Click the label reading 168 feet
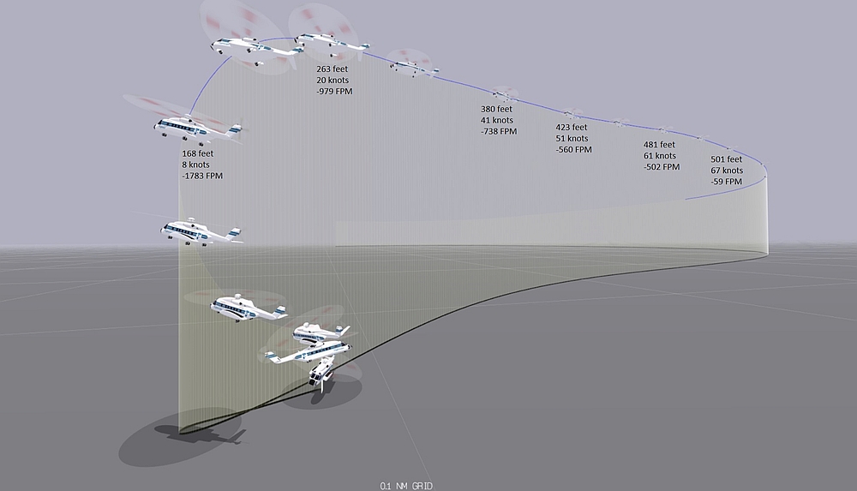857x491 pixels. click(198, 154)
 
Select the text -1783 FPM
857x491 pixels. click(202, 176)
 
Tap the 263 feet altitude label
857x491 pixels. click(333, 69)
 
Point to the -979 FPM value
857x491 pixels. click(334, 91)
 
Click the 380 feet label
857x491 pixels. click(496, 110)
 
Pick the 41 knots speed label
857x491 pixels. click(496, 121)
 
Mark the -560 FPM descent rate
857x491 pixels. click(574, 149)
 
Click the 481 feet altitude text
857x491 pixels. click(659, 145)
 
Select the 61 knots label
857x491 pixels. click(659, 156)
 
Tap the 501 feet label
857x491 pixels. click(728, 159)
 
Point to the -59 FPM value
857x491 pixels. click(727, 181)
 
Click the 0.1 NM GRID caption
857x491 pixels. click(406, 486)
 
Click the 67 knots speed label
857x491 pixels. click(727, 171)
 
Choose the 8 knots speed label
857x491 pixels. click(195, 165)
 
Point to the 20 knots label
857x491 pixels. click(333, 81)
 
